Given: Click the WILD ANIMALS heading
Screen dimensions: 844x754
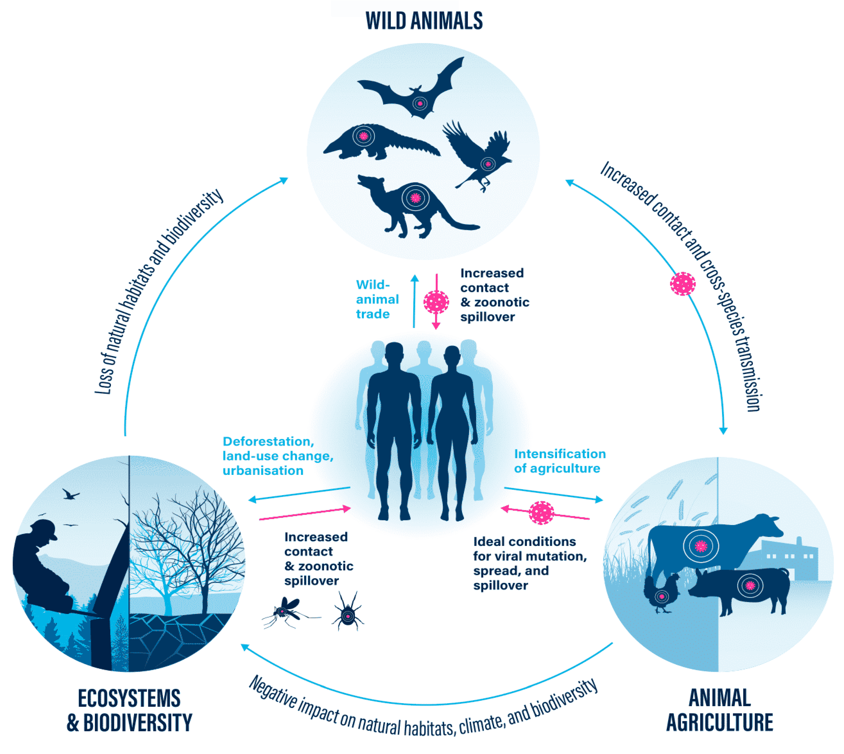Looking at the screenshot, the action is [423, 21].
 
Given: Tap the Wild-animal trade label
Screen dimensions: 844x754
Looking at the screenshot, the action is [377, 299].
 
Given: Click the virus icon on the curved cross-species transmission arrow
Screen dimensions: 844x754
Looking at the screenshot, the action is [682, 284].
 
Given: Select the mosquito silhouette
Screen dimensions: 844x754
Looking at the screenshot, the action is [286, 611].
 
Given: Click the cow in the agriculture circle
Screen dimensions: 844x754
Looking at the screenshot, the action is [704, 547].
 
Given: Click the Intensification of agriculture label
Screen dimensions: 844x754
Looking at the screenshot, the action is [559, 461].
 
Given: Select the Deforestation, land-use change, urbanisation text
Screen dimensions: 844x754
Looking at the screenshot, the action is [278, 456].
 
